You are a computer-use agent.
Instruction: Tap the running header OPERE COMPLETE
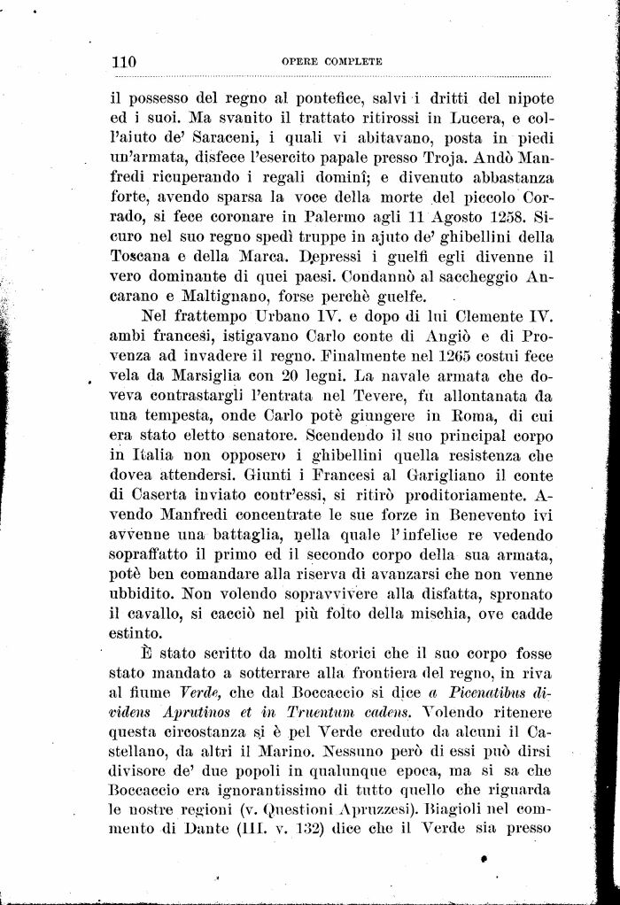(331, 62)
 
